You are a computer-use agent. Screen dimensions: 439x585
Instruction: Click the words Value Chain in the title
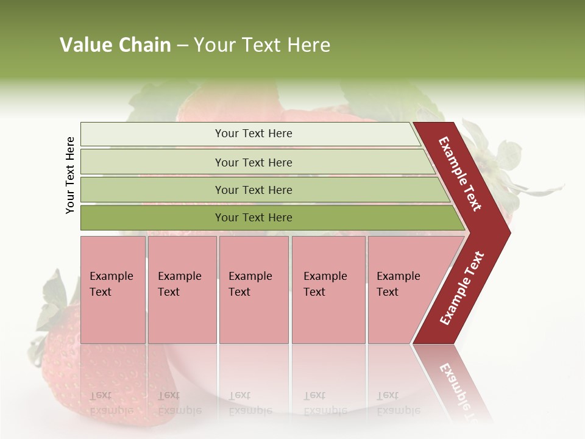pos(115,45)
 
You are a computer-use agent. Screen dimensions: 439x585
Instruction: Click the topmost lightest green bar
pos(152,134)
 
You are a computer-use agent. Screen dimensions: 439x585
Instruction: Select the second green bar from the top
pos(152,162)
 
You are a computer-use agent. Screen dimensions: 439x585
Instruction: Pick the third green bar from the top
pos(152,190)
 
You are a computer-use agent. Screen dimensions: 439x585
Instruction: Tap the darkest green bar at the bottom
pos(152,218)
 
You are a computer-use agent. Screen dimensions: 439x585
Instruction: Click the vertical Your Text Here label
pos(70,175)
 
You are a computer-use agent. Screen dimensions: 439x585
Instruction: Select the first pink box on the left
pos(113,290)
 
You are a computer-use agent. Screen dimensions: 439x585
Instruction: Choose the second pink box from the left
pos(182,290)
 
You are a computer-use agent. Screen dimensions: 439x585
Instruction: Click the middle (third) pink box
pos(253,290)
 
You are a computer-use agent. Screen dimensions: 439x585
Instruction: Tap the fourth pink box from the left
pos(328,290)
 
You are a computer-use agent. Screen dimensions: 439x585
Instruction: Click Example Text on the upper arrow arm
pos(460,174)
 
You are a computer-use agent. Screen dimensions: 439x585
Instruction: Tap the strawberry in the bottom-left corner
pos(61,366)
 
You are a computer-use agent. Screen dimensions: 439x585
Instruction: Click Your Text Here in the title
pos(262,45)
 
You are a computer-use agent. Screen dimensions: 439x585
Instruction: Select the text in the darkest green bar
pos(253,218)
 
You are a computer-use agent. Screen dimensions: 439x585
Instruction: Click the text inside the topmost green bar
pos(253,134)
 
